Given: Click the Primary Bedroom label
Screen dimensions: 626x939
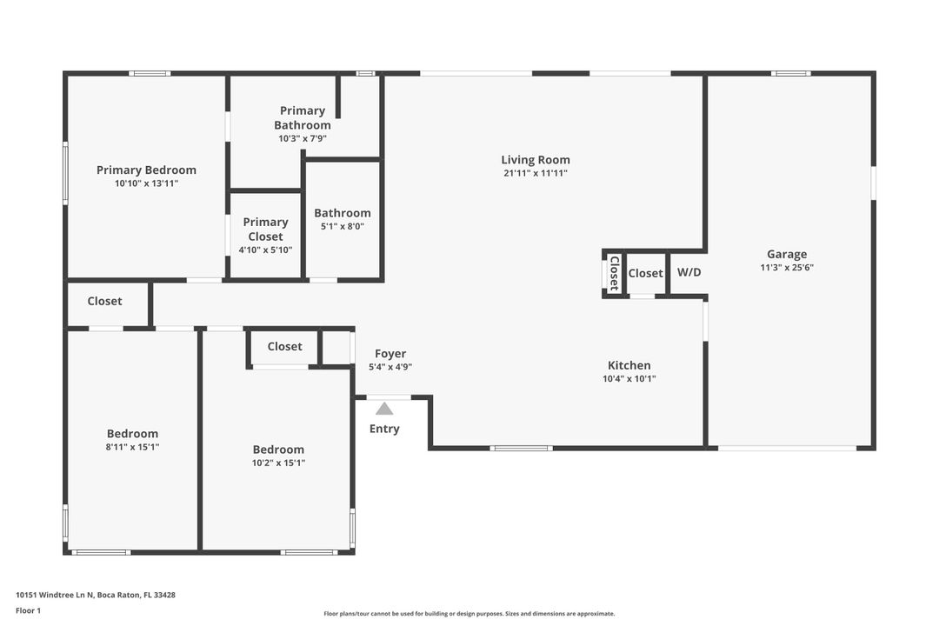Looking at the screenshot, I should pos(146,170).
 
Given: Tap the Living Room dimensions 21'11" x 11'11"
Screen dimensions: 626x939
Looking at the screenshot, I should pos(535,173).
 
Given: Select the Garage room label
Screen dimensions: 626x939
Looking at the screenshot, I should pos(786,255).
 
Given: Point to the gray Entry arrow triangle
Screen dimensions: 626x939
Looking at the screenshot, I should pos(384,409).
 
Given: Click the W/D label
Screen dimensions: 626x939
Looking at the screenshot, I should pos(689,273).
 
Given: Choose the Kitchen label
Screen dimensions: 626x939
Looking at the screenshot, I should pos(629,365).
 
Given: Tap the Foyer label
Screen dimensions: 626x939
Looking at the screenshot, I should pos(390,354).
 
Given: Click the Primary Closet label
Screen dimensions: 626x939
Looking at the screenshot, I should pos(265,230).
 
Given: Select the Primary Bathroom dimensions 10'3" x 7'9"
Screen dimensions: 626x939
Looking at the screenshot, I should pos(303,138).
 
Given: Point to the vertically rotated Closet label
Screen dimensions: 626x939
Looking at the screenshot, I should pos(614,273).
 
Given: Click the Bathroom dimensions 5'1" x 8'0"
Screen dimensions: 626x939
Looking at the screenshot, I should pos(343,226).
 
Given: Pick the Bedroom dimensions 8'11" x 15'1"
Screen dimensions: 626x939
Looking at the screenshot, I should pos(132,447).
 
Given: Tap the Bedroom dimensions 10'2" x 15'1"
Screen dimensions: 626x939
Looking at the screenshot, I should pos(278,463).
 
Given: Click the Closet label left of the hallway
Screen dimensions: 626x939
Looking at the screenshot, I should pos(104,302).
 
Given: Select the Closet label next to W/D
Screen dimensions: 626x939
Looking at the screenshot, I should pos(645,273).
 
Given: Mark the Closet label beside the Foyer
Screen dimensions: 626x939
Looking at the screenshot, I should pos(284,346).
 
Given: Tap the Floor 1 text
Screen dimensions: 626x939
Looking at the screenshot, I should pos(28,610).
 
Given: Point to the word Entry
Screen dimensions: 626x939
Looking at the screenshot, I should pos(384,429).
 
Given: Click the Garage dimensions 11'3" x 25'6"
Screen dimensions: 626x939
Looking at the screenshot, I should pos(786,268).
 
